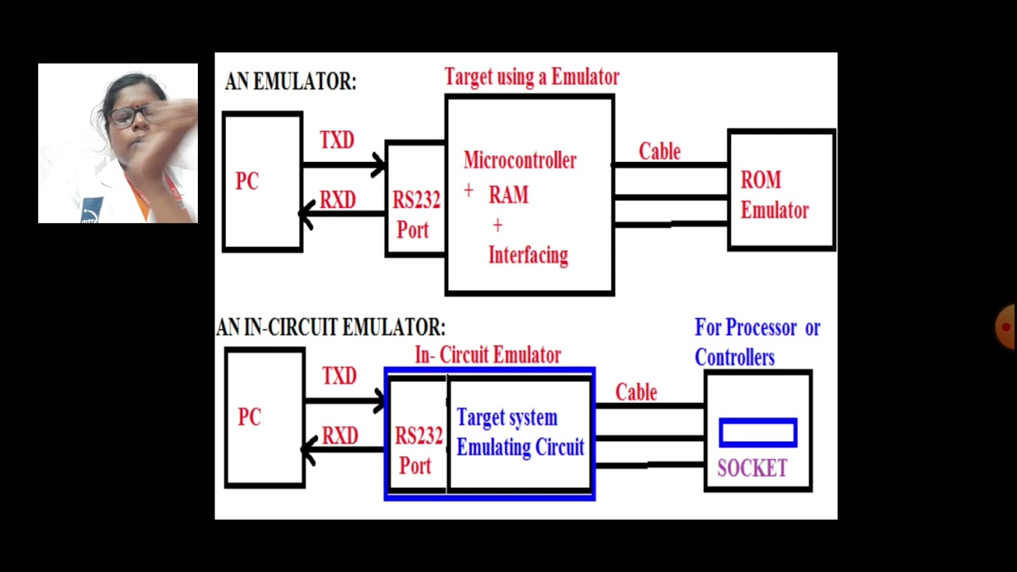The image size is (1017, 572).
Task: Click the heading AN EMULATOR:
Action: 291,82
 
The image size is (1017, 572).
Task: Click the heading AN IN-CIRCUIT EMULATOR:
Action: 331,327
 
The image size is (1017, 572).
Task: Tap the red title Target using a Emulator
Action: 532,77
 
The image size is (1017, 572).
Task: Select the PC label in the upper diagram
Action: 247,182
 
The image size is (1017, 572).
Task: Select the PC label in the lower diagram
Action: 249,417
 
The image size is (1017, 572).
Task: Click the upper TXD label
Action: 337,141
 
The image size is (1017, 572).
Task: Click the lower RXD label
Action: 339,436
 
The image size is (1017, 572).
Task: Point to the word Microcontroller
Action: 520,160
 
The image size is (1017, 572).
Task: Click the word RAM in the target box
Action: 508,195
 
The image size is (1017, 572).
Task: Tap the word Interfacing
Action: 528,256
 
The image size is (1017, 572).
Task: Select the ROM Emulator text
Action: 774,195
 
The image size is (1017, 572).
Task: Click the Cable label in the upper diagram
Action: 659,152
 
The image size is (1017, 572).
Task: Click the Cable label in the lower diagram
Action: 636,392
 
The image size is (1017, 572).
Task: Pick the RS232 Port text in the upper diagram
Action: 416,214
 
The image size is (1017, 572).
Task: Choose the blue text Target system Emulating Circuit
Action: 520,433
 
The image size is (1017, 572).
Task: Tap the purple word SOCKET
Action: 752,469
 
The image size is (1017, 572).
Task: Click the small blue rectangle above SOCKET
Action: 758,433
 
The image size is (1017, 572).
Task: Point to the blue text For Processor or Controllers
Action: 756,342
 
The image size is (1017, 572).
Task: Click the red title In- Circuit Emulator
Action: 488,355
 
